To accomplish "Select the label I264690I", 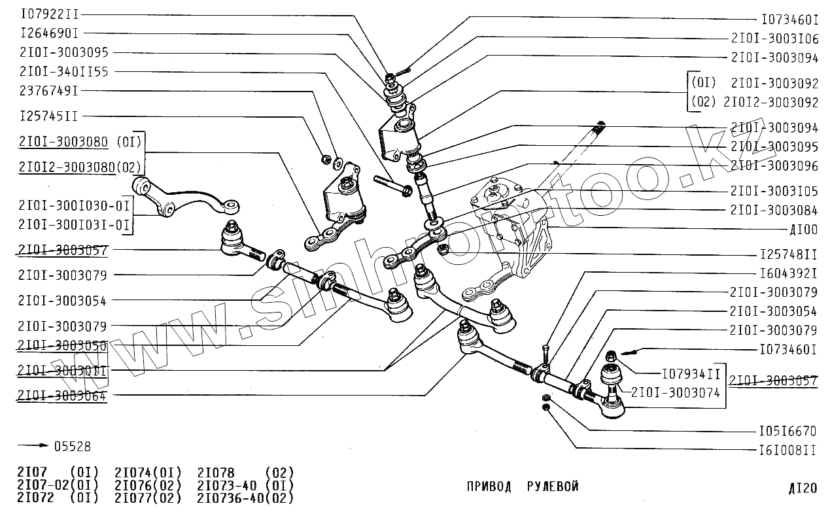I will click(49, 33).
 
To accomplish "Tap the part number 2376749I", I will click(49, 91).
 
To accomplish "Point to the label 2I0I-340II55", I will click(64, 71).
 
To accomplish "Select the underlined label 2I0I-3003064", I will click(62, 396).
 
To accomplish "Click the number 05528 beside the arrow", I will click(72, 447).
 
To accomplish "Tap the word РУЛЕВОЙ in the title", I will click(553, 486).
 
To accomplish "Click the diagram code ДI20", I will click(803, 488).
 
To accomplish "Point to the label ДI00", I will click(803, 230).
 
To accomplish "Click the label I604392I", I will click(788, 273).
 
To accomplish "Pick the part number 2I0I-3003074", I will click(676, 393).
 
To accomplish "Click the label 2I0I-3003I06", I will click(774, 39).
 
